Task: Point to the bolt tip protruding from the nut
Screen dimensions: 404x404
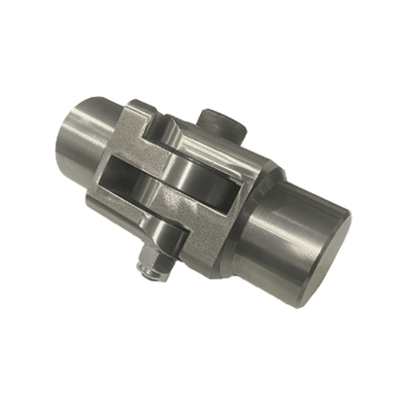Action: tap(147, 273)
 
